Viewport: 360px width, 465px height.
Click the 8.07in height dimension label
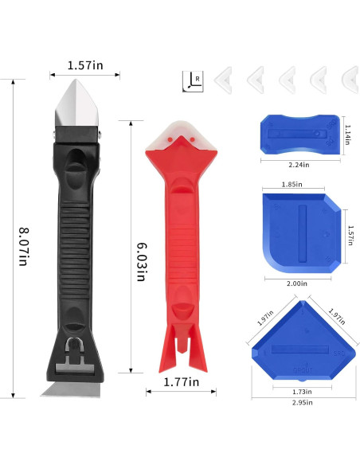pos(23,247)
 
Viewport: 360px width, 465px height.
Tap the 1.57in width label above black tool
pos(85,65)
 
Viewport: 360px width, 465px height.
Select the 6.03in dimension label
pos(142,262)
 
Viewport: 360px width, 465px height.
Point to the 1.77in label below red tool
pos(181,382)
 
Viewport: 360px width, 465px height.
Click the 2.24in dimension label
pos(299,165)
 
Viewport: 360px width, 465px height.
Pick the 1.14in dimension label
pos(347,135)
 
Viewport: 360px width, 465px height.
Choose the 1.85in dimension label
pos(292,185)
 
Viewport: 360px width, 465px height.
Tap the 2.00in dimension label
pos(297,283)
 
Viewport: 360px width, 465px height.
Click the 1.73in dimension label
pos(302,392)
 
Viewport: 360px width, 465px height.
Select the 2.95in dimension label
pos(302,402)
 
